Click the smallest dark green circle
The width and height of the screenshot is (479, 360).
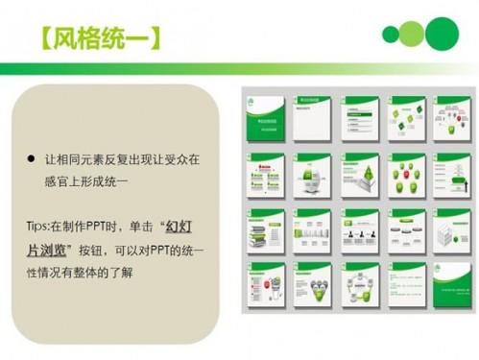tap(391, 36)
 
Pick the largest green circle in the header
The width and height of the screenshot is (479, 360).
tap(442, 34)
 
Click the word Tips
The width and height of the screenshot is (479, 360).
tap(39, 227)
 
